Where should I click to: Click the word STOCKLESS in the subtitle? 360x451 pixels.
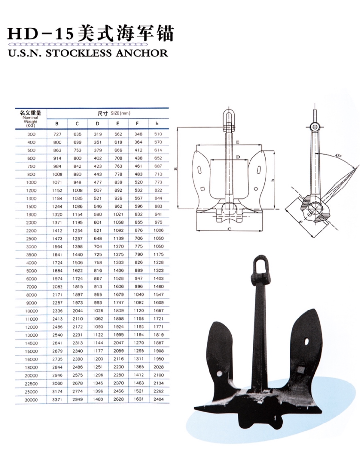[78, 53]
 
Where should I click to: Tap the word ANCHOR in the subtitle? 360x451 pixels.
[142, 53]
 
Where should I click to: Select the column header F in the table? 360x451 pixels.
[137, 124]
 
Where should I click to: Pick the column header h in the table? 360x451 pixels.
[157, 124]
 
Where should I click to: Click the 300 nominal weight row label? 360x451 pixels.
[31, 134]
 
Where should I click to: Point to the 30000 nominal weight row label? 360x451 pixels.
[31, 400]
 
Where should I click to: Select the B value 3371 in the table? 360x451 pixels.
[57, 399]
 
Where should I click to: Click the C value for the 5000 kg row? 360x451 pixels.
[78, 270]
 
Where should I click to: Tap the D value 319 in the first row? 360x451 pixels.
[98, 134]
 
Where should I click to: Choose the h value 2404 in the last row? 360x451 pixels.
[159, 399]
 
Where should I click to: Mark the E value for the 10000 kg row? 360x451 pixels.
[119, 310]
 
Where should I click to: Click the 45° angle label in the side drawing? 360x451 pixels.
[338, 156]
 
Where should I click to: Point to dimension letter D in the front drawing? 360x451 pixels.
[238, 157]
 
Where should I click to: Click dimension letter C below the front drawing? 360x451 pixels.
[229, 229]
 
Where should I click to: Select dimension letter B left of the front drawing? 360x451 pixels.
[176, 169]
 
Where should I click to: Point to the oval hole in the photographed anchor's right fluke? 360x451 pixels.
[307, 341]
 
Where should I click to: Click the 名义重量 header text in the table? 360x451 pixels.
[30, 113]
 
